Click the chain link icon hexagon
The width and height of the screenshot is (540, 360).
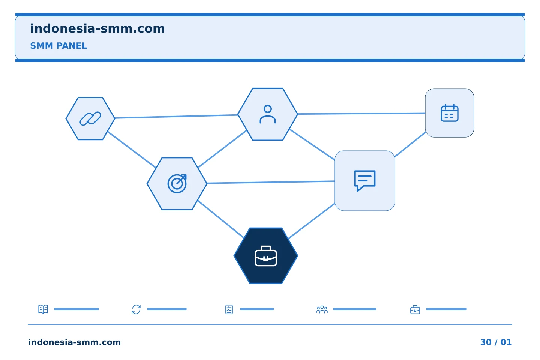point(90,118)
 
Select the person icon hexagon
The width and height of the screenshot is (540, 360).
point(268,114)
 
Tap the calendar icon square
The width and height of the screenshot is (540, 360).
point(450,113)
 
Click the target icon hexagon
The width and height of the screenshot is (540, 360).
point(177,184)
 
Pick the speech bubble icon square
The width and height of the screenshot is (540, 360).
point(365,181)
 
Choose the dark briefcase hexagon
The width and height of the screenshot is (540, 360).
point(266,256)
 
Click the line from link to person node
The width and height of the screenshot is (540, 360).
point(176,117)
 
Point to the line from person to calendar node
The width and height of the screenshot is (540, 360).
point(361,113)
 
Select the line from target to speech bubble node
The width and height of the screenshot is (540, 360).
point(271,182)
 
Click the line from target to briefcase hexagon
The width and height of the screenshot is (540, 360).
point(220,219)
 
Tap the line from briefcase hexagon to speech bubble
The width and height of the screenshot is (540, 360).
point(312,221)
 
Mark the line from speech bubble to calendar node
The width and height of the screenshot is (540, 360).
point(410,144)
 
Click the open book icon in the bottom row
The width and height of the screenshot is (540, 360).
point(43,309)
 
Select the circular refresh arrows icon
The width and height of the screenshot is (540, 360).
point(136,309)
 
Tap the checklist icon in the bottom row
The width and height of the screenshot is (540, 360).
point(229,309)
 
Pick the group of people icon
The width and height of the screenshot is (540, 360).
point(322,309)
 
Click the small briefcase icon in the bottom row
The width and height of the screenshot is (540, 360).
point(415,309)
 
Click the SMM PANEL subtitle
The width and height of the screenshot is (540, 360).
point(58,46)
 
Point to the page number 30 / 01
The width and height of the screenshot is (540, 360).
point(496,342)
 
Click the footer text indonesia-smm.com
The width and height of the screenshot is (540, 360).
point(75,342)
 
